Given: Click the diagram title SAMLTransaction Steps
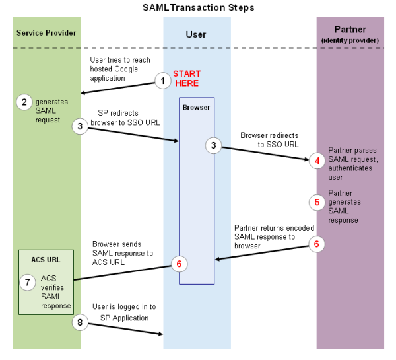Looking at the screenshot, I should click(198, 7).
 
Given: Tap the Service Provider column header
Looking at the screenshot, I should click(46, 32).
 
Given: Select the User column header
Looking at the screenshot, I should click(197, 34).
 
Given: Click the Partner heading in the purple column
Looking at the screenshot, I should click(350, 30).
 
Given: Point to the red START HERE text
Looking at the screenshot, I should click(186, 78).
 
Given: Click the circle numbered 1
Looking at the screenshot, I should click(162, 81).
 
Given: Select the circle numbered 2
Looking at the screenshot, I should click(24, 102).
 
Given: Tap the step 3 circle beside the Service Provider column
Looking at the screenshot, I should click(81, 126).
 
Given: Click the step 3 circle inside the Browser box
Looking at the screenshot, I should click(214, 145).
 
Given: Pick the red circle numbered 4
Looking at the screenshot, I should click(317, 160).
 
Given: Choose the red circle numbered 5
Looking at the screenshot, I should click(317, 202).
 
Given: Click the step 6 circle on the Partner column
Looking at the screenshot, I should click(317, 244).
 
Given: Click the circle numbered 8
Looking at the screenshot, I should click(81, 323).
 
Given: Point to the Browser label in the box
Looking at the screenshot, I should click(195, 106).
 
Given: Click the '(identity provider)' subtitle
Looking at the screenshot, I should click(350, 41).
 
